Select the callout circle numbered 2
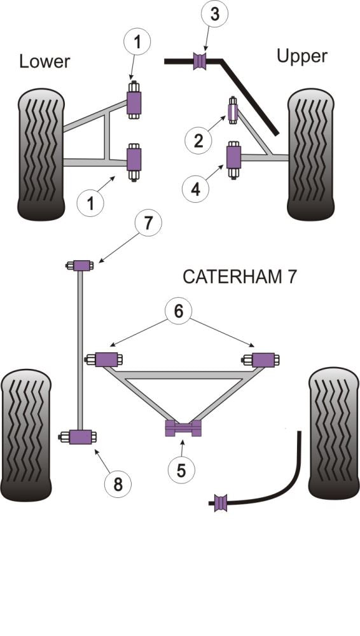pos(198,139)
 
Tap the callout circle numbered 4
pos(197,188)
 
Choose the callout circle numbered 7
pos(148,225)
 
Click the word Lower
pos(45,61)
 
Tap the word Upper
pos(301,56)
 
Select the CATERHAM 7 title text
pos(239,277)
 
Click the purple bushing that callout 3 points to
pos(202,62)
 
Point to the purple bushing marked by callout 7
pos(81,265)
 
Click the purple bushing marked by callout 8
pos(81,437)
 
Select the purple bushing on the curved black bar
pos(221,502)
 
